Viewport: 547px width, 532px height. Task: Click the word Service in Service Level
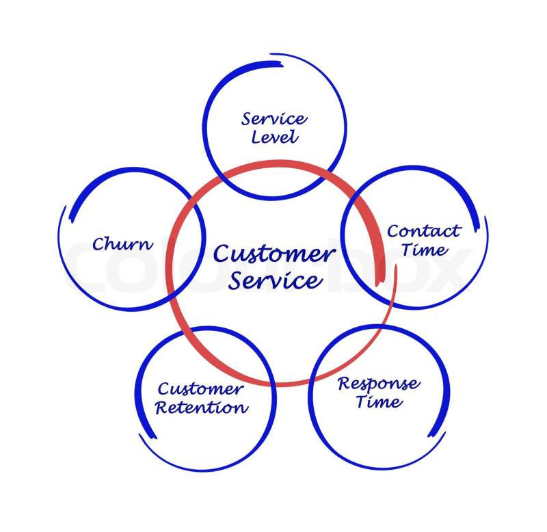point(274,118)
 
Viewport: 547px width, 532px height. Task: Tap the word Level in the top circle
point(275,137)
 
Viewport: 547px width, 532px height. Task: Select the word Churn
point(123,243)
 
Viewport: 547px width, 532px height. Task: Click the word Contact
point(424,231)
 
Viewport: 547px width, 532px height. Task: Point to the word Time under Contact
point(425,250)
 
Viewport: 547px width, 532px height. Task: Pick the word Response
point(379,383)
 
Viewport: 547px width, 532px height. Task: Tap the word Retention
point(202,408)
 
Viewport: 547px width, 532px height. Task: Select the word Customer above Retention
point(200,389)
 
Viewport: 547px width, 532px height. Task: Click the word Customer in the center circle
point(273,254)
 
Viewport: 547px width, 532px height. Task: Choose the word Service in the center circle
point(273,280)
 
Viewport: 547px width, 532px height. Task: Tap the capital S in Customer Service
point(235,280)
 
